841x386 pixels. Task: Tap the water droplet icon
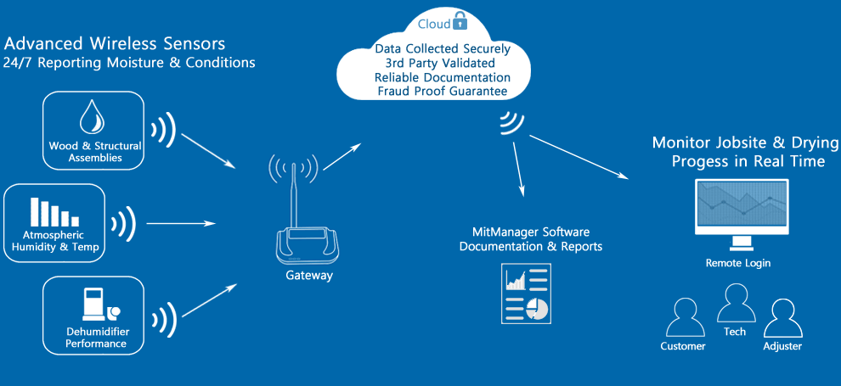tap(92, 118)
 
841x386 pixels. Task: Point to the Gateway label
tap(309, 276)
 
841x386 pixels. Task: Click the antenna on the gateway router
tap(294, 196)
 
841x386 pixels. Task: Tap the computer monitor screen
tap(742, 207)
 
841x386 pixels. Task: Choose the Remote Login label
tap(738, 263)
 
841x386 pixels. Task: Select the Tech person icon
tap(733, 303)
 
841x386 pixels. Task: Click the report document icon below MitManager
tap(526, 293)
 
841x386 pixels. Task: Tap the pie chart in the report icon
tap(536, 308)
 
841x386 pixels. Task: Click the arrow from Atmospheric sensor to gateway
tap(181, 223)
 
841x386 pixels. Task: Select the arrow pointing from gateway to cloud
tap(342, 157)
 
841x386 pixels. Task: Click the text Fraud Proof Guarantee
tap(443, 91)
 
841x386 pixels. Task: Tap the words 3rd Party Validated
tap(440, 63)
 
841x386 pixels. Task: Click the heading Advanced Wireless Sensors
tap(115, 42)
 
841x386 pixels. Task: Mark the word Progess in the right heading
tap(697, 161)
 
